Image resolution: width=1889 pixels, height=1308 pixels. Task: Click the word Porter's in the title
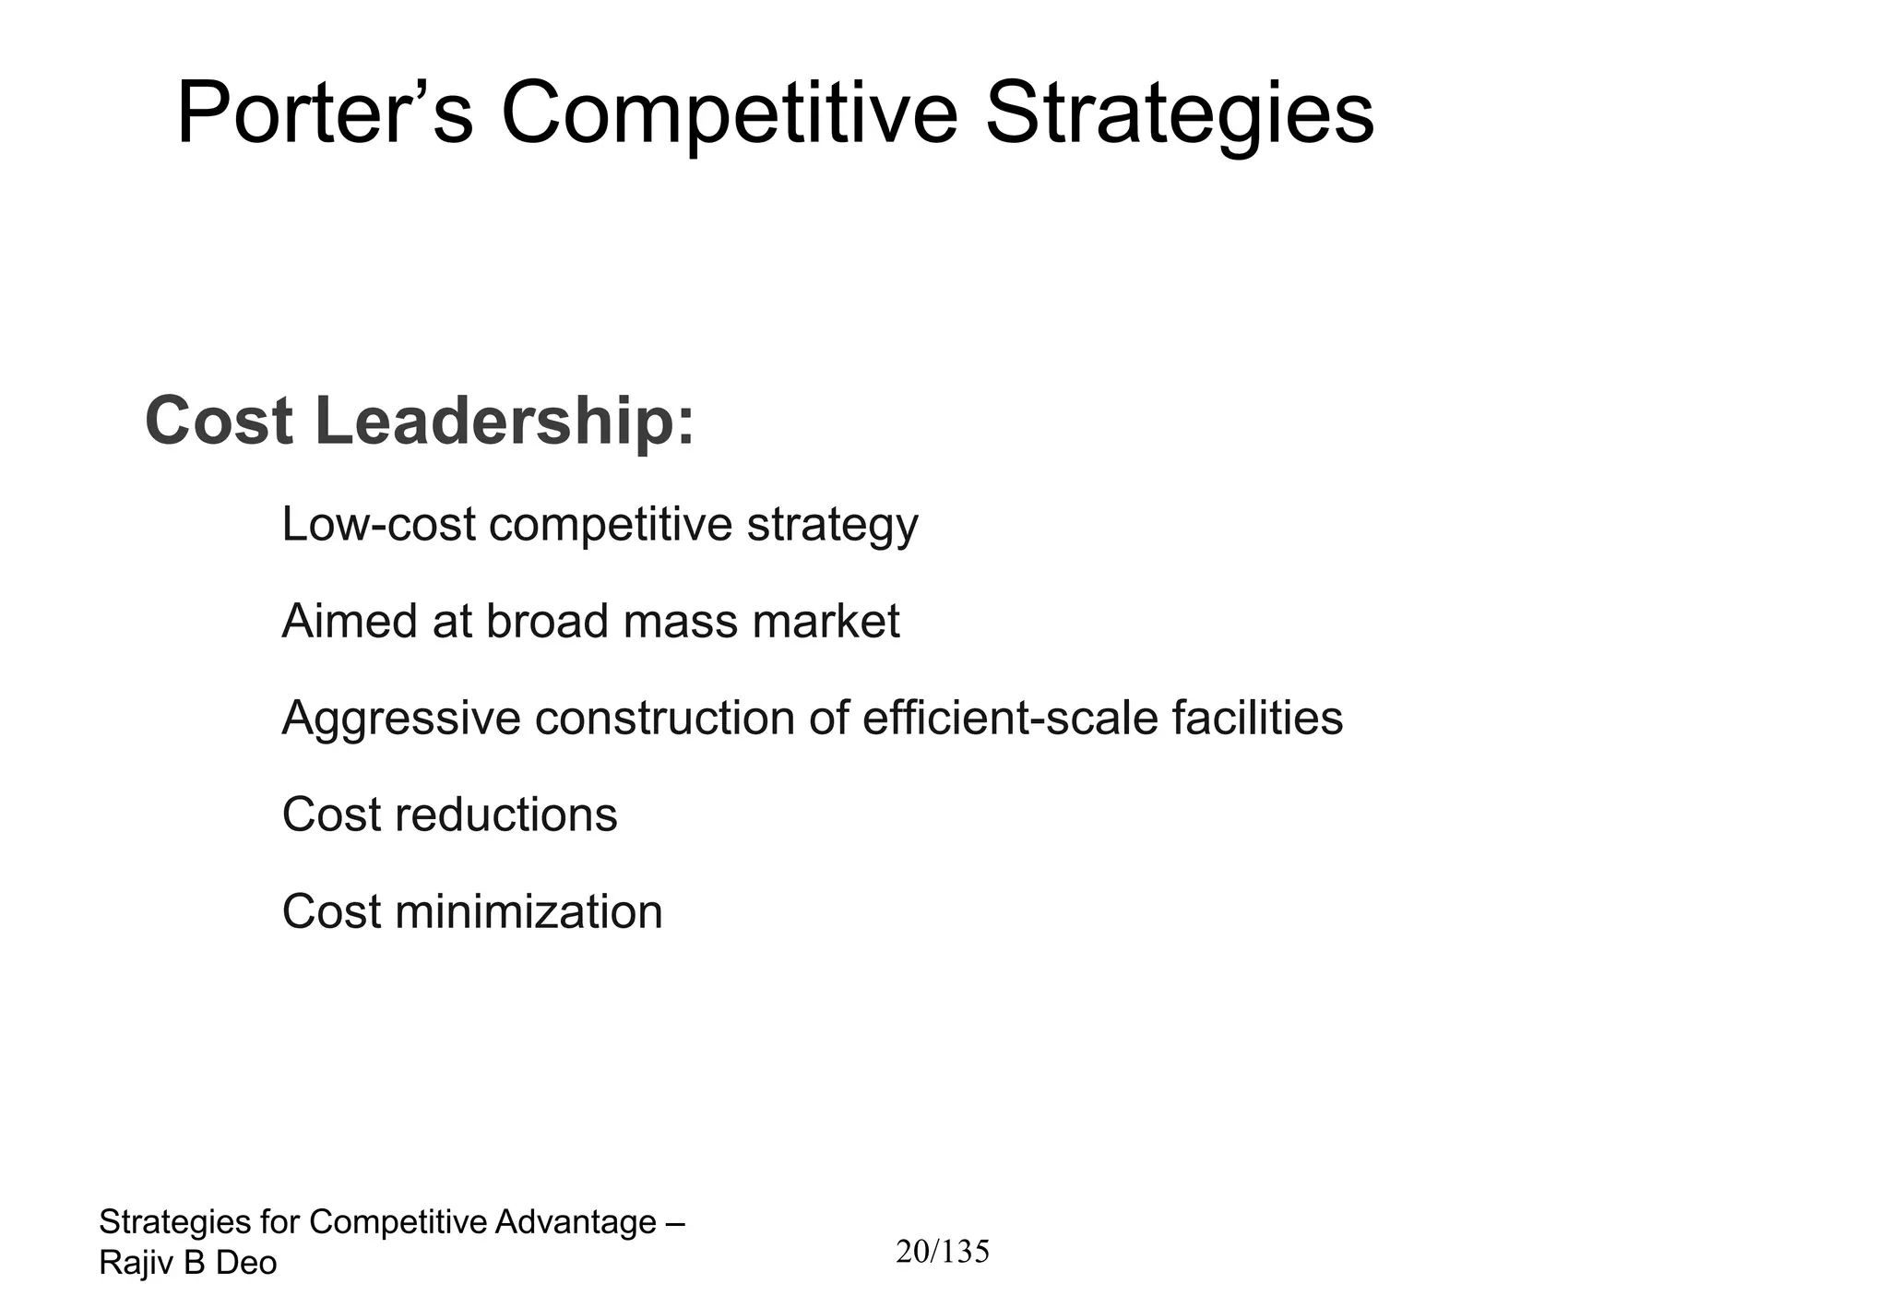[x=325, y=113]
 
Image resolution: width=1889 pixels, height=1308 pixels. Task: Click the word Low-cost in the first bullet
[x=378, y=524]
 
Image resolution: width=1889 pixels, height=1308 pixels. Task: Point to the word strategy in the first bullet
[x=832, y=526]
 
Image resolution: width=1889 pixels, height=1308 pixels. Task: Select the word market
[x=826, y=621]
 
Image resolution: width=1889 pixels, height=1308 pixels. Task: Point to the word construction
[x=664, y=718]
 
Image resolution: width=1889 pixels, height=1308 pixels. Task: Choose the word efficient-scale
[x=1009, y=718]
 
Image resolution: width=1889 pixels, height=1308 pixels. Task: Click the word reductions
[x=505, y=815]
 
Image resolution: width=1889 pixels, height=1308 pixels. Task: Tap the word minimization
[x=529, y=911]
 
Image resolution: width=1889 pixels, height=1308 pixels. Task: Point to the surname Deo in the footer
[x=246, y=1263]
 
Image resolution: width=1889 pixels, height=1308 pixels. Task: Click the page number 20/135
[x=943, y=1252]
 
